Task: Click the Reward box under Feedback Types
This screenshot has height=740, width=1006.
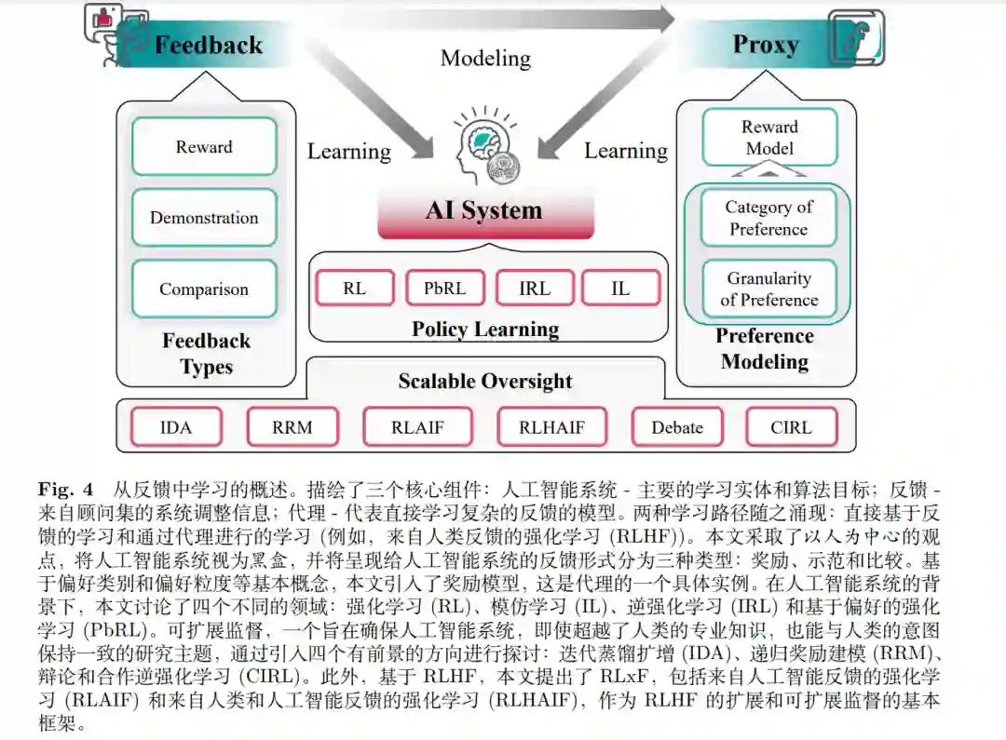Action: point(204,147)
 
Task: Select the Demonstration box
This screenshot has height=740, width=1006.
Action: point(204,218)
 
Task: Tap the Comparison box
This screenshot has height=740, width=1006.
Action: point(204,289)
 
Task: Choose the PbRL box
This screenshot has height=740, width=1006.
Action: point(444,289)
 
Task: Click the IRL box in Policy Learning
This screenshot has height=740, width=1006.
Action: point(534,289)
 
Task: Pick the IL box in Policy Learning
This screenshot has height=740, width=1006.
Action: point(620,289)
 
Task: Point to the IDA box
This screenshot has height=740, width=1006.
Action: point(176,428)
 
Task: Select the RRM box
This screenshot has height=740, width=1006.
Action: point(292,428)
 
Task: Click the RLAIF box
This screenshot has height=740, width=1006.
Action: point(417,428)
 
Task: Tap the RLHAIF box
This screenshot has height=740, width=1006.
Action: point(552,428)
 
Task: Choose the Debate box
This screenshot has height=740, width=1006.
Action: point(677,428)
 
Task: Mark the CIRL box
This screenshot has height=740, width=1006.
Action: point(791,428)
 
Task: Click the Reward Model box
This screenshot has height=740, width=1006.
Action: point(769,138)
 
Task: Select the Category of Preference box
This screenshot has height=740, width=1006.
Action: point(768,218)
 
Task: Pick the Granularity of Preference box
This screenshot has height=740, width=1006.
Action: point(768,289)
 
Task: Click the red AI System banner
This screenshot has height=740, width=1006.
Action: point(484,211)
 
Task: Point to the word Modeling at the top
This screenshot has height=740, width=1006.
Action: point(485,58)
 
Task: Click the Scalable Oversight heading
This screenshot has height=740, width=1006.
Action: point(485,381)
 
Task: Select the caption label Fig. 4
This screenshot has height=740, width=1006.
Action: point(66,489)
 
